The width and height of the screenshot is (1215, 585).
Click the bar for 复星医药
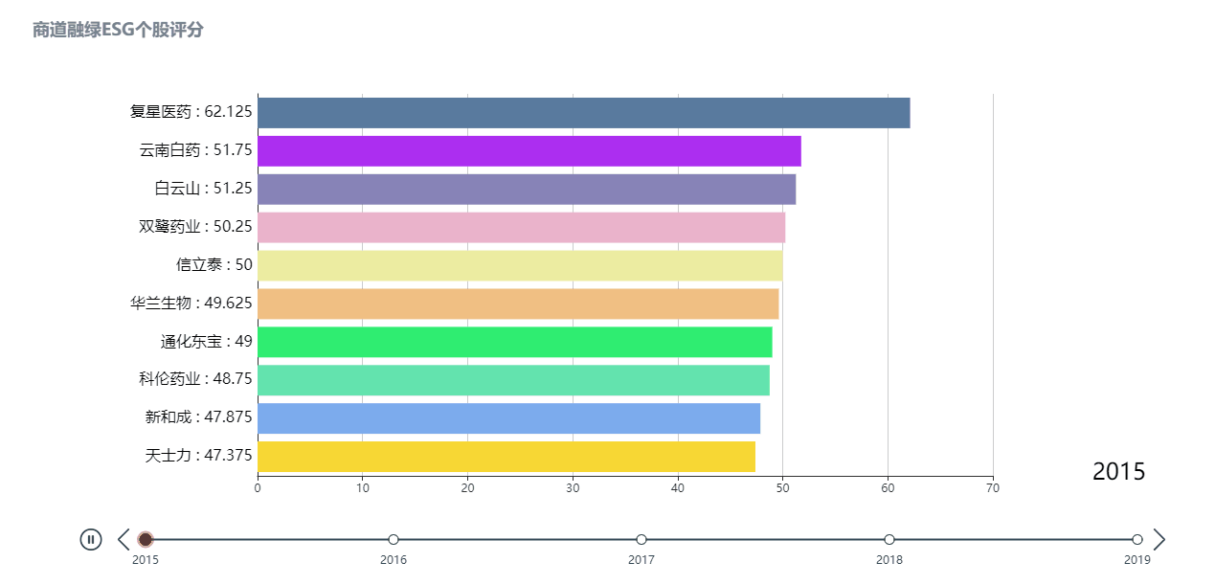583,113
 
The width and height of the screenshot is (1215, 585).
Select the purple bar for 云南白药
529,151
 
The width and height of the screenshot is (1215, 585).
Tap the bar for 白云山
526,190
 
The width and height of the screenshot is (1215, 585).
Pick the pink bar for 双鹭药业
521,228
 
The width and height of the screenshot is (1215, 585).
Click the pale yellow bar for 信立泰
520,265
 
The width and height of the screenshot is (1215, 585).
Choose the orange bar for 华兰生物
518,304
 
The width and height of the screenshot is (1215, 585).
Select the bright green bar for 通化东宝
514,342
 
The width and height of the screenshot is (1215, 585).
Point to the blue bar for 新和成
508,418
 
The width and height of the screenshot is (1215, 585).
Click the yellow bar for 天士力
506,457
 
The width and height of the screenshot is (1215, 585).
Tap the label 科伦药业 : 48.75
195,379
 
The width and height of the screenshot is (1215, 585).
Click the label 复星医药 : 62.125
191,112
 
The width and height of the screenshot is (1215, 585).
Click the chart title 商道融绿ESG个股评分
118,30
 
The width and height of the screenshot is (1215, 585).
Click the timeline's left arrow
124,539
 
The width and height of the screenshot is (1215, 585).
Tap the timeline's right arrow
1159,539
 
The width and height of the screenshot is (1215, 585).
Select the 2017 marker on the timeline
641,540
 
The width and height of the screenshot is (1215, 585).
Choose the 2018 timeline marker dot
889,540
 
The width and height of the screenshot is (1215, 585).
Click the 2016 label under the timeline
394,560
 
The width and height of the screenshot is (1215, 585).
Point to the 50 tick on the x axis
782,488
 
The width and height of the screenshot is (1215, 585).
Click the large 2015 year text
1118,471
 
